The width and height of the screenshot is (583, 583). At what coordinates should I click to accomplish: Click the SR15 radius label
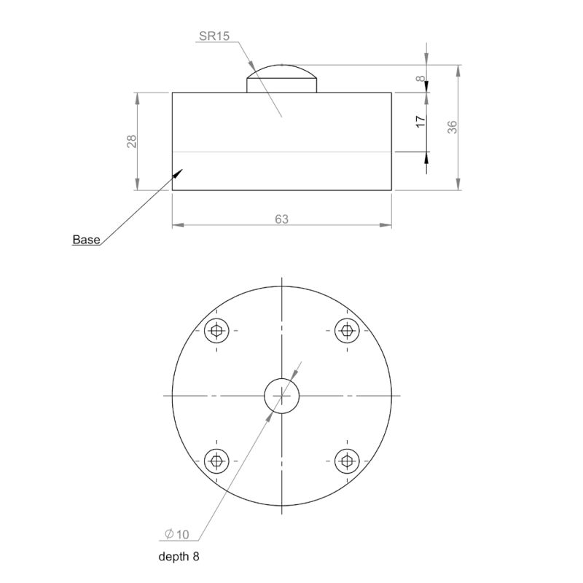pos(214,35)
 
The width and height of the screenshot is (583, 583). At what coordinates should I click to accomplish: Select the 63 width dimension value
pos(282,219)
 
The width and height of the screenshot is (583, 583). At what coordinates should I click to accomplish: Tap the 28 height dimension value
pos(132,141)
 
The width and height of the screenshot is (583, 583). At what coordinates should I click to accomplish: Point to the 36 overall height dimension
pos(452,127)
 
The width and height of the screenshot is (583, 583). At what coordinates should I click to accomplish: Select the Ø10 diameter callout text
pos(177,535)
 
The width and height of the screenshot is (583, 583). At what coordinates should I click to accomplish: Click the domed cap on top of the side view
pos(281,76)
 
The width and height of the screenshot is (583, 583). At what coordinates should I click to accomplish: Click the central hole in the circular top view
pos(281,395)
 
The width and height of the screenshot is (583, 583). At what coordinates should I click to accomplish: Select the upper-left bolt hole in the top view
pos(216,331)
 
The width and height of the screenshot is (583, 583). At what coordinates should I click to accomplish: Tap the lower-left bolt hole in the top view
pos(216,460)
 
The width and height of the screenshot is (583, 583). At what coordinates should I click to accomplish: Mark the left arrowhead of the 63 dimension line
pos(176,225)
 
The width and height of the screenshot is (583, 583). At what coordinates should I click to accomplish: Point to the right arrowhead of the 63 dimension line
pos(388,225)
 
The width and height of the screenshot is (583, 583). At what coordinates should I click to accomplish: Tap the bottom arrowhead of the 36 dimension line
pos(458,186)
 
